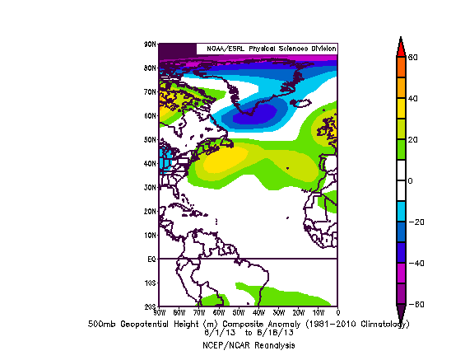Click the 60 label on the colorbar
pyautogui.click(x=413, y=57)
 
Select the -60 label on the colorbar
pyautogui.click(x=415, y=305)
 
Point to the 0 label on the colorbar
pyautogui.click(x=411, y=180)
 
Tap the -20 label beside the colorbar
pyautogui.click(x=415, y=222)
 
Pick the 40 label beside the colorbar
pyautogui.click(x=413, y=98)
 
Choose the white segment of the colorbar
pyautogui.click(x=400, y=180)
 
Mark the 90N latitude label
pyautogui.click(x=151, y=44)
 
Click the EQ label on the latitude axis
pyautogui.click(x=151, y=259)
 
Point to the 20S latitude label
pyautogui.click(x=151, y=306)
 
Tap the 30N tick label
pyautogui.click(x=151, y=187)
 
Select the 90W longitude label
pyautogui.click(x=158, y=312)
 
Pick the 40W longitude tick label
pyautogui.click(x=258, y=312)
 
